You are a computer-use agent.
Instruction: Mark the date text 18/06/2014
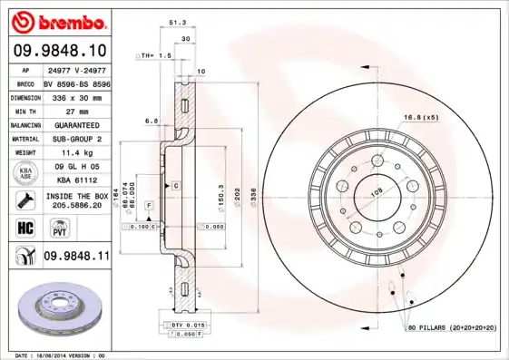click(x=58, y=355)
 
